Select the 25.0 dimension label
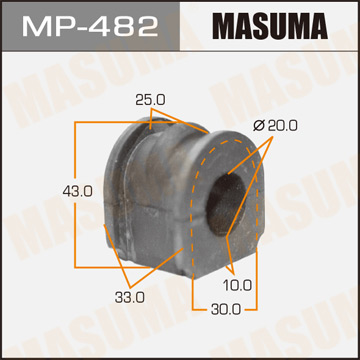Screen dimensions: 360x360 pyautogui.click(x=150, y=100)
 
